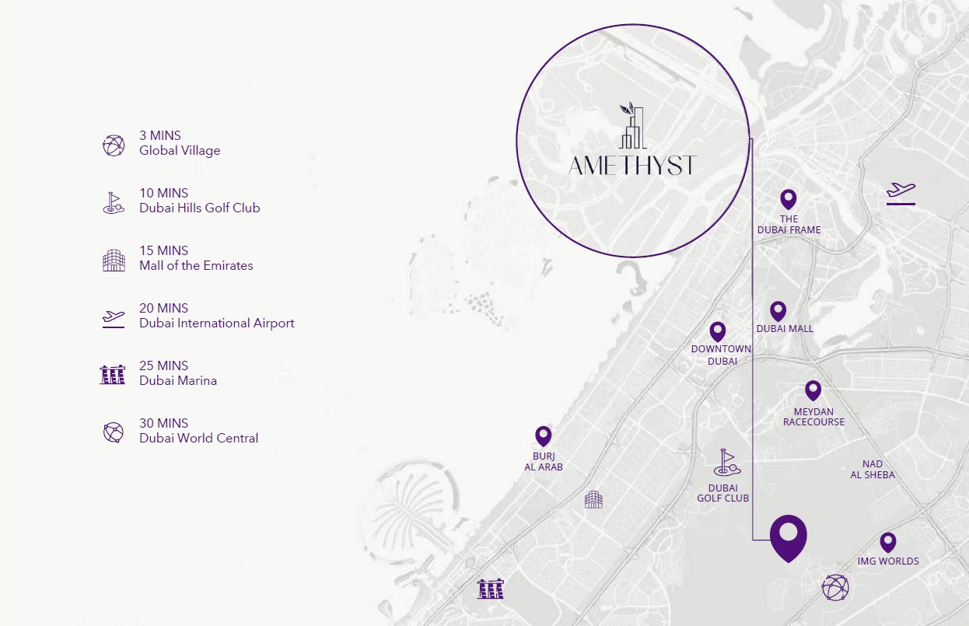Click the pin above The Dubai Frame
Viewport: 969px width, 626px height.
(x=789, y=198)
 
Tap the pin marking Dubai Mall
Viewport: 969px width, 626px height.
(x=778, y=310)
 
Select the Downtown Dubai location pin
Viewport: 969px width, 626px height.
(x=717, y=330)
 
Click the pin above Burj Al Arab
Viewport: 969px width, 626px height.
(x=543, y=435)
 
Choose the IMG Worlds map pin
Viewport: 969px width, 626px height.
(x=887, y=541)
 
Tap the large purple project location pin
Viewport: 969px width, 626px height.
(x=788, y=536)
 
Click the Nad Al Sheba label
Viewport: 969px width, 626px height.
(x=873, y=470)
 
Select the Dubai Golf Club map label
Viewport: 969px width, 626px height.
(x=722, y=493)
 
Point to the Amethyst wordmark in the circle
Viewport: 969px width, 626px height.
(x=631, y=166)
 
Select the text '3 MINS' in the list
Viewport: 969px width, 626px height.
(x=160, y=136)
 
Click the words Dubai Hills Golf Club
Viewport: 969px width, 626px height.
(x=200, y=208)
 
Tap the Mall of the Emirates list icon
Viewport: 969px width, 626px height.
(x=114, y=261)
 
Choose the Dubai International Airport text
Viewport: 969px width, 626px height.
(x=217, y=323)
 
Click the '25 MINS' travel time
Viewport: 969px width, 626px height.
(x=163, y=365)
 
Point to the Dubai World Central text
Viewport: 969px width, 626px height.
(x=199, y=439)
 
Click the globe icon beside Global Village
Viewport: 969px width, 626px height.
(x=114, y=145)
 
